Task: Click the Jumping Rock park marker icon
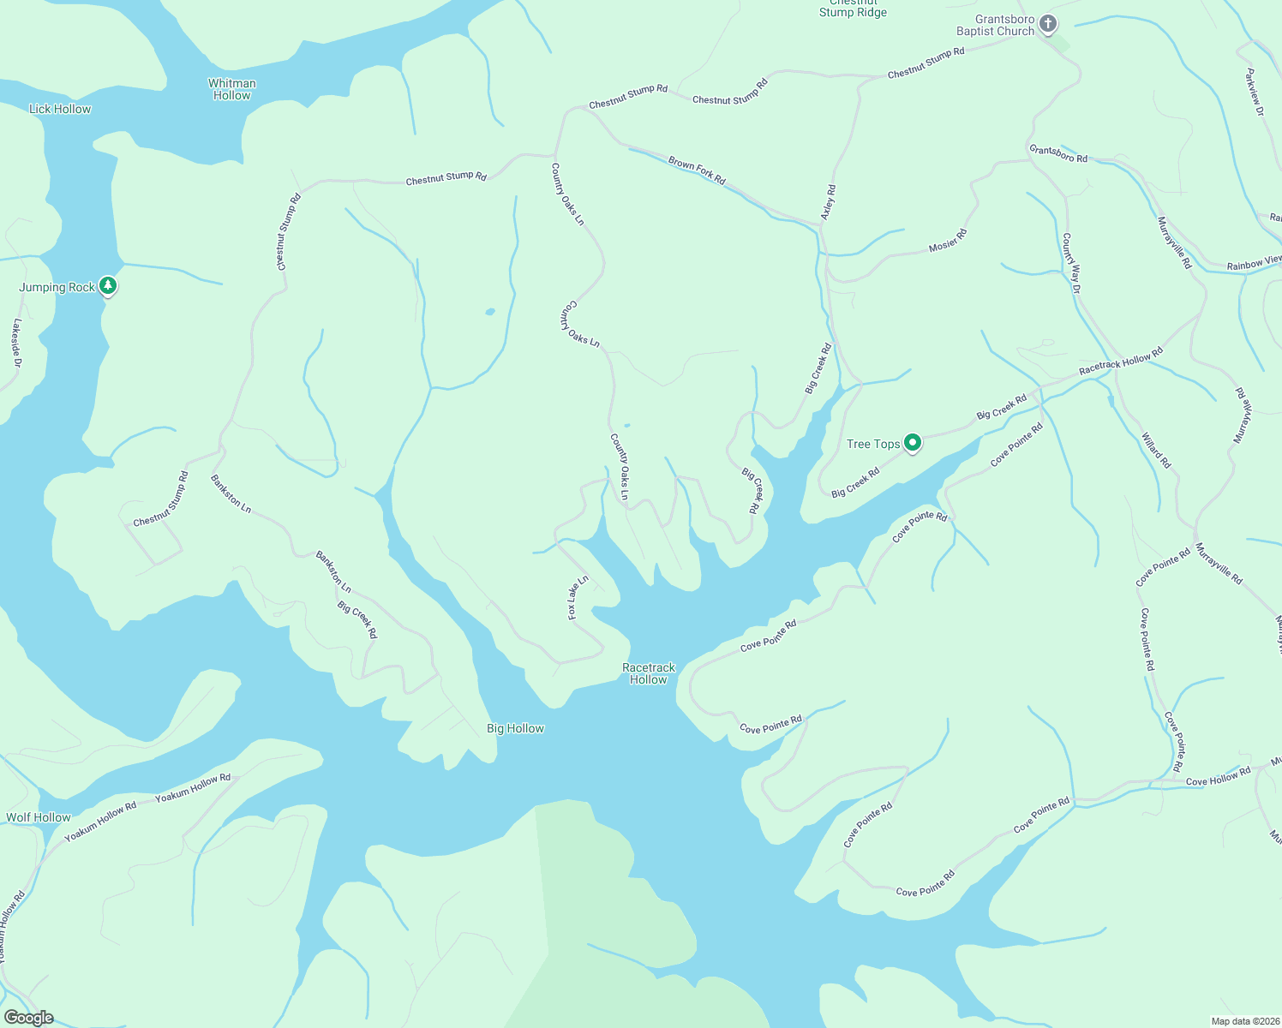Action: coord(107,285)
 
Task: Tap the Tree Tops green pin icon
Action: coord(913,443)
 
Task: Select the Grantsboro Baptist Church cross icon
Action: coord(1047,25)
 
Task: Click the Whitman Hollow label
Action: coord(232,89)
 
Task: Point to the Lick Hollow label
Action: coord(60,109)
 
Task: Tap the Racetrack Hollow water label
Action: coord(649,673)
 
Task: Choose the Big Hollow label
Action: coord(515,728)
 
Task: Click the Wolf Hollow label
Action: coord(39,817)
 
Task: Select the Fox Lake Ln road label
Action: coord(578,597)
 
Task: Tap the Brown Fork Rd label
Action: coord(697,170)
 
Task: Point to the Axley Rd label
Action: coord(828,202)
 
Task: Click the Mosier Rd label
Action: coord(948,240)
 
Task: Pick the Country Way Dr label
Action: coord(1071,263)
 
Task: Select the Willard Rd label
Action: coord(1155,451)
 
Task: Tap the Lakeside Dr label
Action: coord(16,344)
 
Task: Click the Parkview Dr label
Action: coord(1254,93)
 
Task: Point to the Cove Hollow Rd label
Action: coord(1218,777)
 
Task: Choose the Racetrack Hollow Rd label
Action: coord(1121,361)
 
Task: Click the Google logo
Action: coord(28,1017)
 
